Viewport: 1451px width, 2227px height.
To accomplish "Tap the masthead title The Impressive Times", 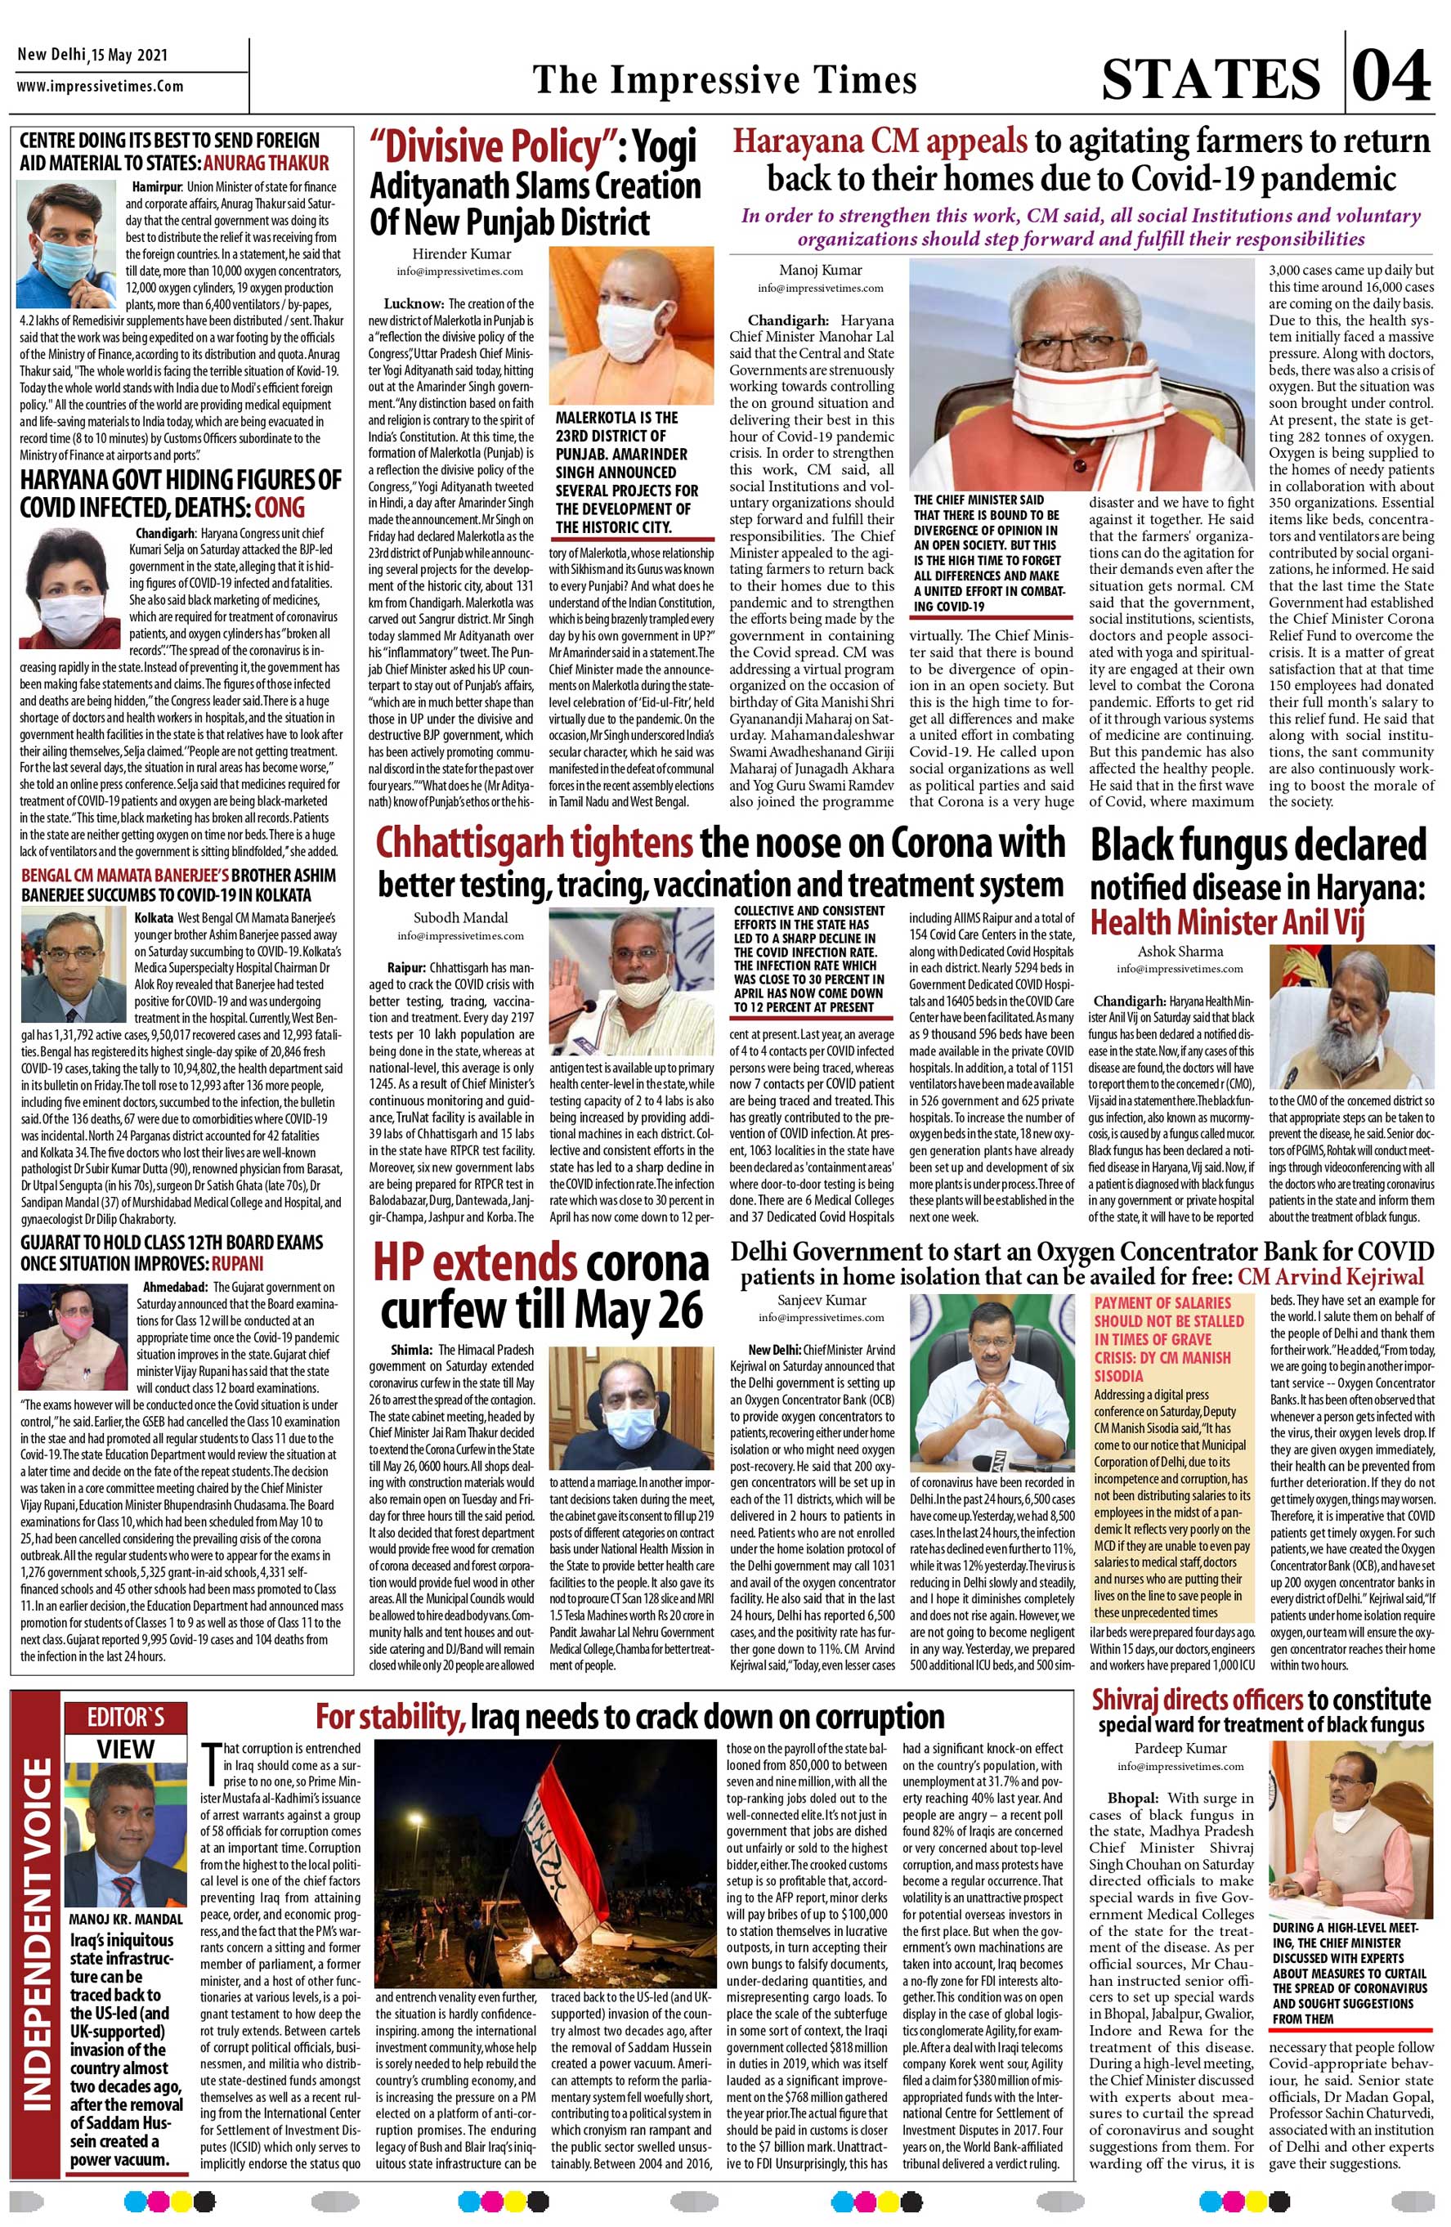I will coord(724,79).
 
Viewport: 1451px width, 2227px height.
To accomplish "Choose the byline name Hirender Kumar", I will coord(462,253).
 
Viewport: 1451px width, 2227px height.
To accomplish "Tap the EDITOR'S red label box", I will coord(125,1717).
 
